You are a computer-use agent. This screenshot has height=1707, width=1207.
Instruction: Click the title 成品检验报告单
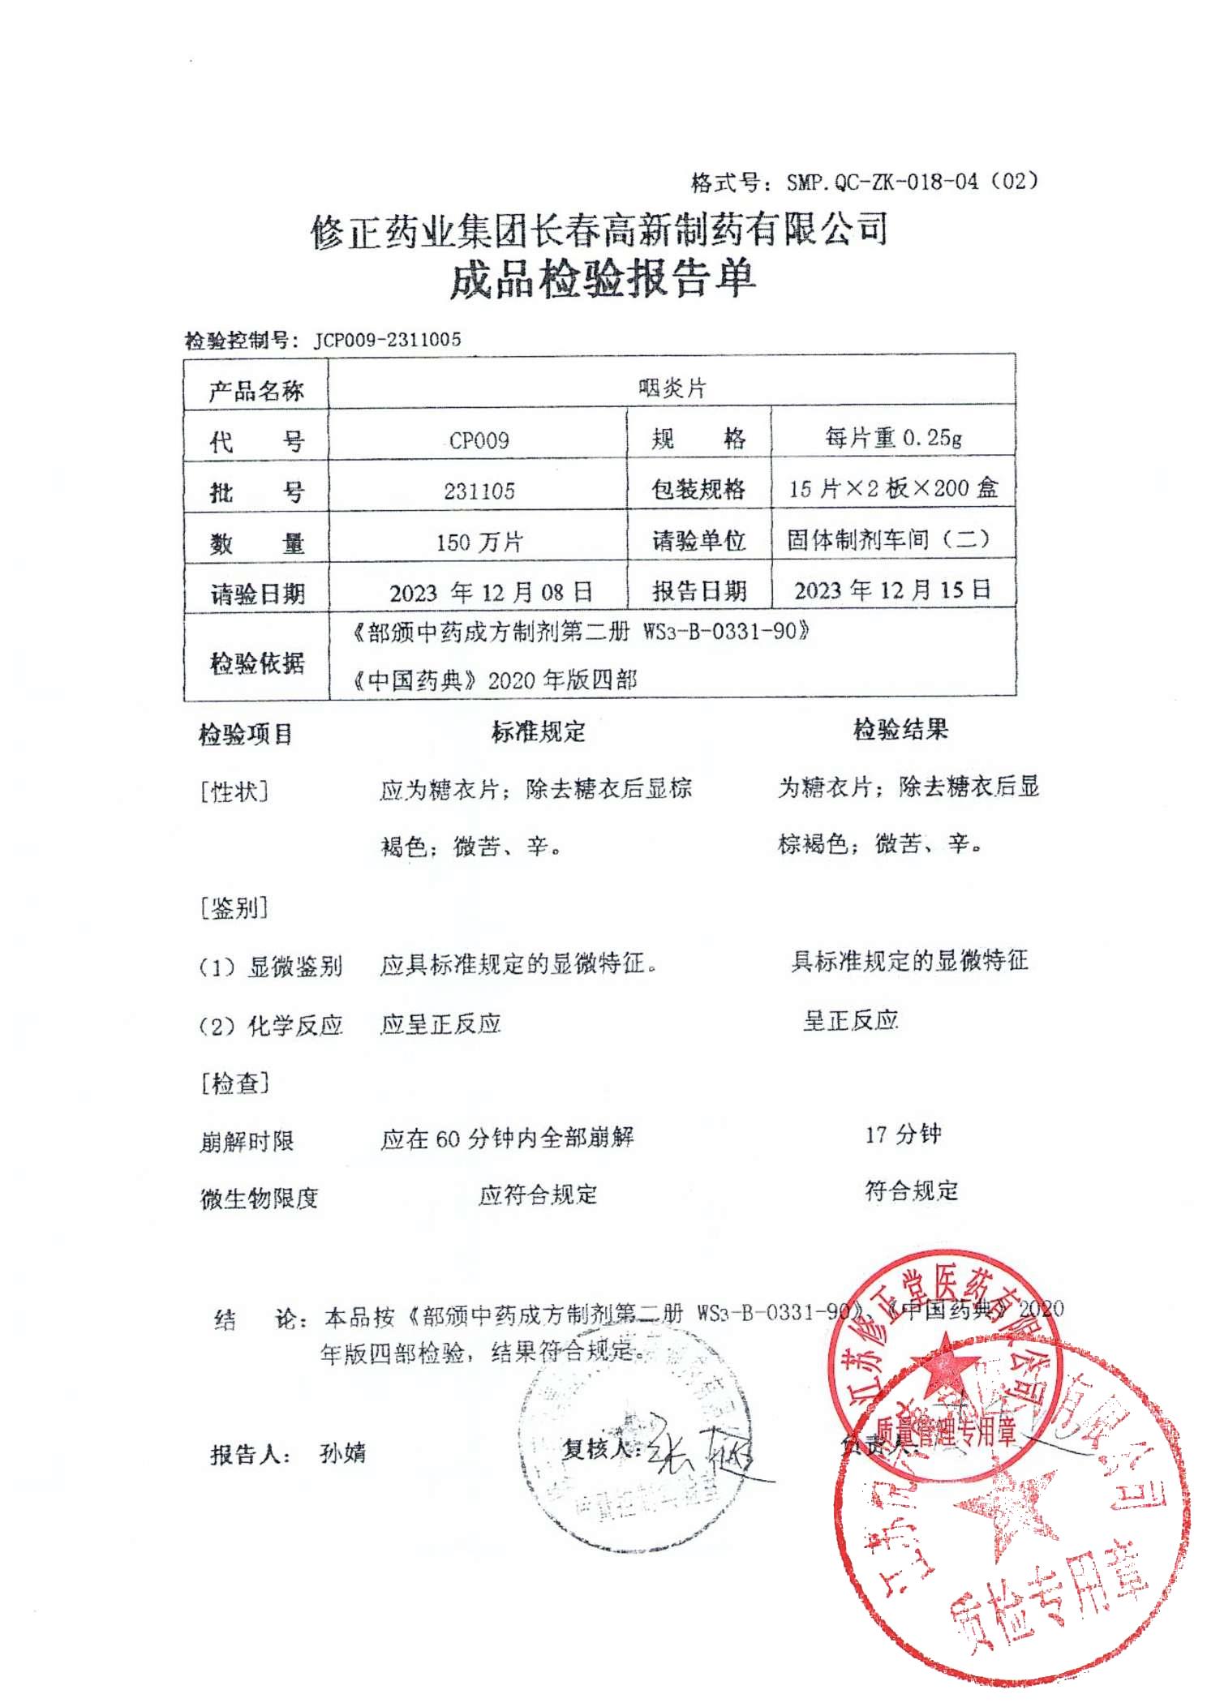603,278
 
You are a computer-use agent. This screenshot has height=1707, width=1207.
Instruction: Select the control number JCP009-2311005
387,340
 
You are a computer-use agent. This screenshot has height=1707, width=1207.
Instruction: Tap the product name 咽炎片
672,388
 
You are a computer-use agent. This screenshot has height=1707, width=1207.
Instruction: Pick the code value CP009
479,440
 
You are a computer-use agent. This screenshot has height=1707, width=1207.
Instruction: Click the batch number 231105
479,491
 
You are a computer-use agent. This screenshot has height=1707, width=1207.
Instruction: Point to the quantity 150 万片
479,542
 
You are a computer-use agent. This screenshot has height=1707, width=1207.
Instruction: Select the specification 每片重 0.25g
893,439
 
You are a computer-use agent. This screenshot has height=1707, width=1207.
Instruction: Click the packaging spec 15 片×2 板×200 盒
893,488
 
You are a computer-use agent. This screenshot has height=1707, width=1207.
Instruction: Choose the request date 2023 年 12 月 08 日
491,592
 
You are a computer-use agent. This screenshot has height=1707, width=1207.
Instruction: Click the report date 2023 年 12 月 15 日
892,590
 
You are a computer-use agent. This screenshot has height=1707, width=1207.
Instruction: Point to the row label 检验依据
256,663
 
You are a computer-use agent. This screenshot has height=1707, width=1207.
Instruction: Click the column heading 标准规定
538,731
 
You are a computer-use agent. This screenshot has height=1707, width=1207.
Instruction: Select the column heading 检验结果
900,729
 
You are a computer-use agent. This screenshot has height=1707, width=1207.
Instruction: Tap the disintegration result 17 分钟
903,1134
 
